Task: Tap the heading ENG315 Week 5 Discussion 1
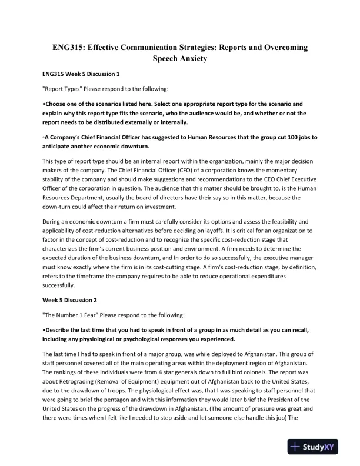(81, 75)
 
